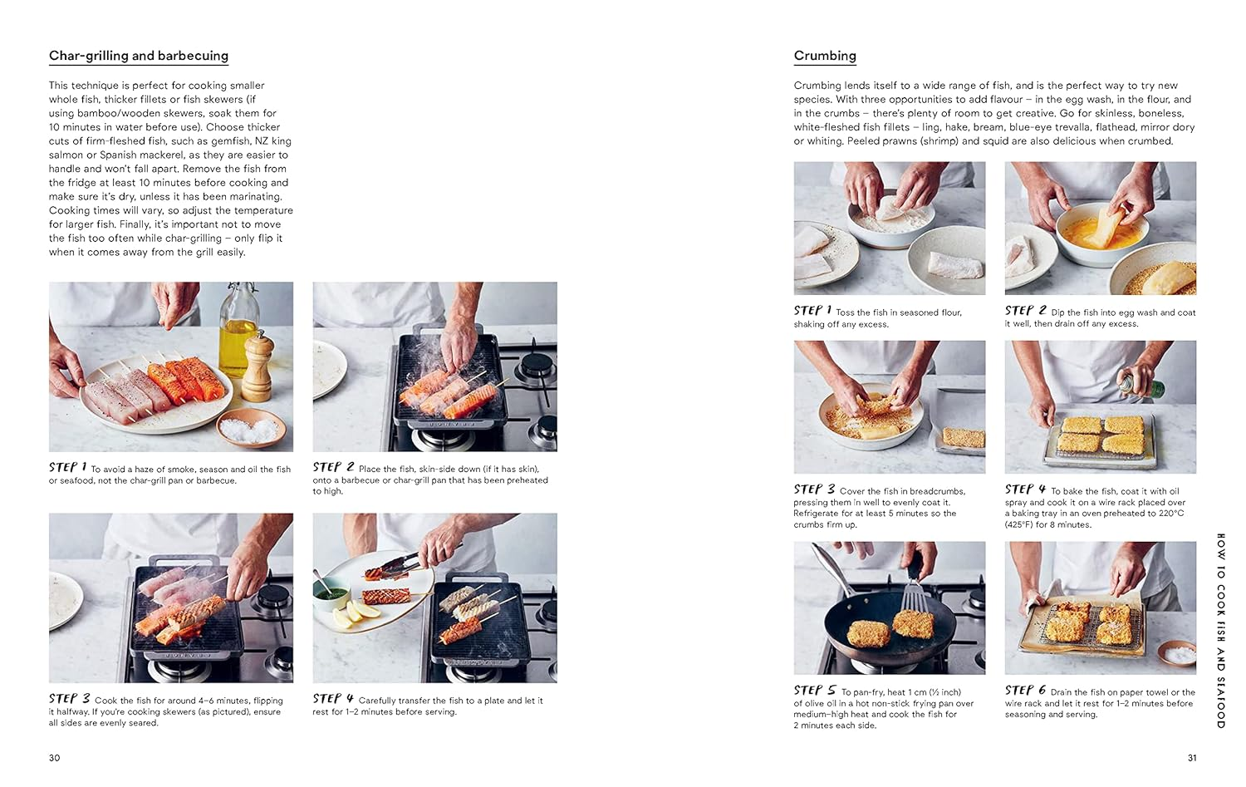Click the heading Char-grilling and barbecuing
[138, 56]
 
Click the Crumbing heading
[824, 56]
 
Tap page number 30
[54, 757]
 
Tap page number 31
[1192, 757]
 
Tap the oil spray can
[1141, 385]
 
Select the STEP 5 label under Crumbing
[814, 691]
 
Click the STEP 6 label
[1025, 691]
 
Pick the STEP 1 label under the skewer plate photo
[67, 468]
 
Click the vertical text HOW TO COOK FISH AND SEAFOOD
[1220, 631]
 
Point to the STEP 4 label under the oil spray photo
[1025, 489]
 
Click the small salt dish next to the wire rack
[1176, 653]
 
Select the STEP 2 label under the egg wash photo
[1025, 311]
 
